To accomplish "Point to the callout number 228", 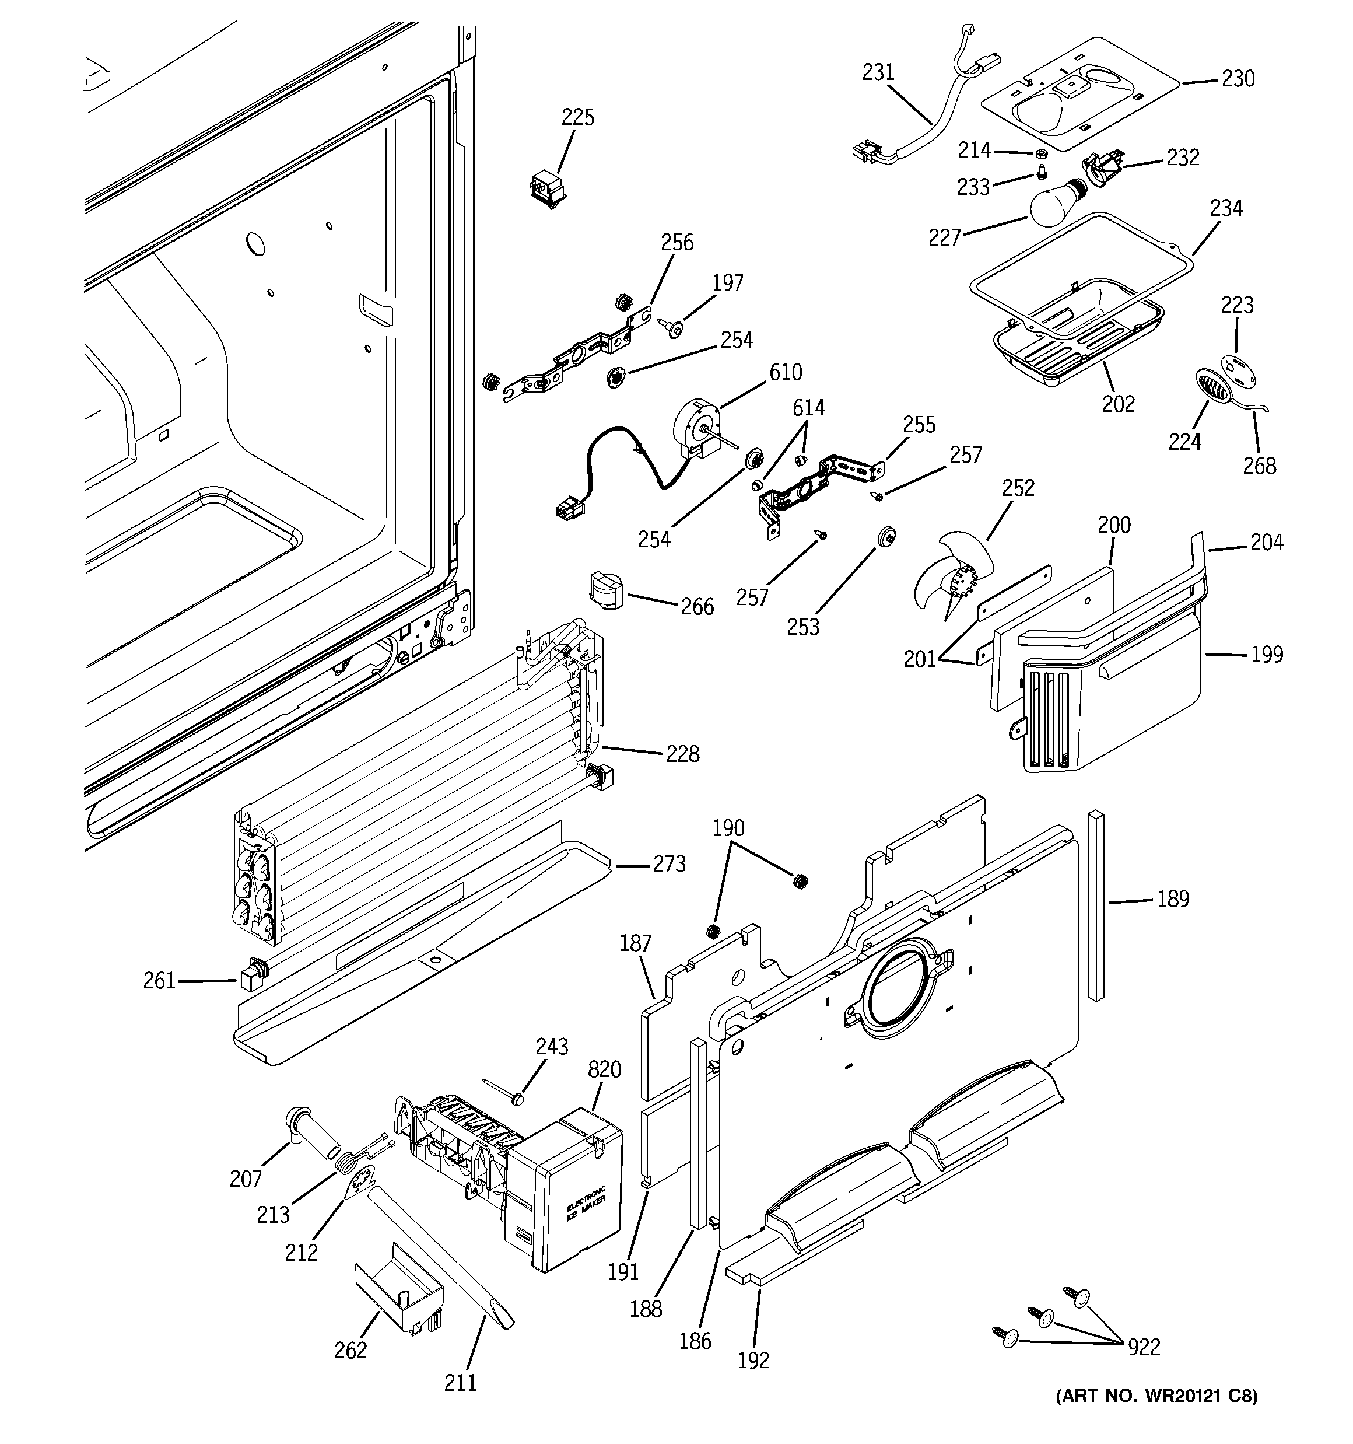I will click(x=683, y=754).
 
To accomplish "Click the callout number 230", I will click(x=1238, y=78).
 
